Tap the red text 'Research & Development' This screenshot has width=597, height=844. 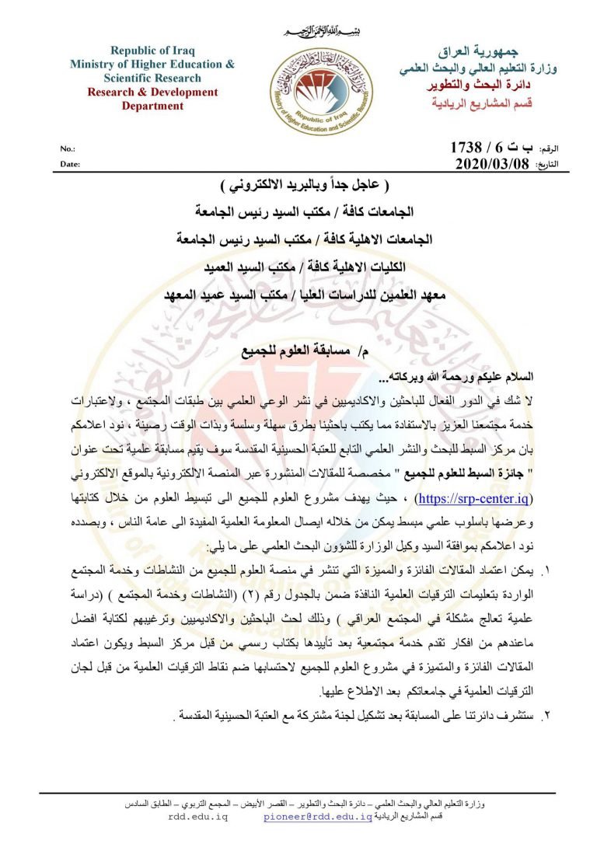152,92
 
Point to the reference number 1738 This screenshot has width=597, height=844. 466,148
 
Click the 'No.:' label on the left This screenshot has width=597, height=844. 68,148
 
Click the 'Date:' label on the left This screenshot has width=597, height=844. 70,164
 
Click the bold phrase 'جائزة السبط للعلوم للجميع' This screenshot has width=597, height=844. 494,451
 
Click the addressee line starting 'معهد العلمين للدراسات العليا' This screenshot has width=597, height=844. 308,296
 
